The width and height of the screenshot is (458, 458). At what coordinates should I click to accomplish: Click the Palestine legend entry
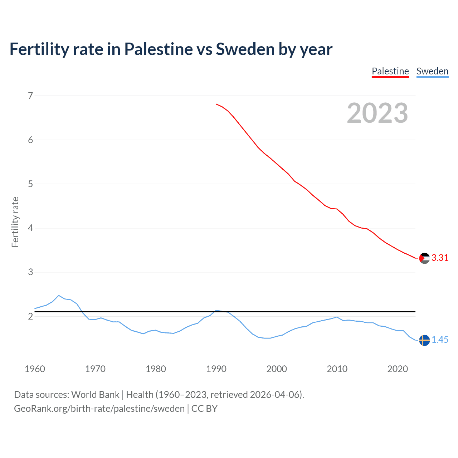(x=390, y=71)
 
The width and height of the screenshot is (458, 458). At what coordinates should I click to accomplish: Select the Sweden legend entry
(x=432, y=71)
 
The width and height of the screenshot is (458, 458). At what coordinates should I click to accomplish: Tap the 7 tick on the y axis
(x=30, y=96)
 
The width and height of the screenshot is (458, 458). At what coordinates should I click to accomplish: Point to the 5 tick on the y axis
(x=30, y=184)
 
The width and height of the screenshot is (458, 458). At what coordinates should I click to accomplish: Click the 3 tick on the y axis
(x=30, y=272)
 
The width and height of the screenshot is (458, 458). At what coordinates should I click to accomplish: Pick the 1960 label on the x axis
(x=35, y=369)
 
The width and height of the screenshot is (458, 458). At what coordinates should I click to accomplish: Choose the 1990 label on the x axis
(x=216, y=369)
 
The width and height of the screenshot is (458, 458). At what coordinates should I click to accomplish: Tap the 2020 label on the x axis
(x=398, y=369)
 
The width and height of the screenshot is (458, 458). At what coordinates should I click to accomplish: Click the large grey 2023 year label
(x=377, y=113)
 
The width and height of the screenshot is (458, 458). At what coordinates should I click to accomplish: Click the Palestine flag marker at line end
(x=424, y=258)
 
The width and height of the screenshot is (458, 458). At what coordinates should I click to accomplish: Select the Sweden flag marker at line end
(x=424, y=340)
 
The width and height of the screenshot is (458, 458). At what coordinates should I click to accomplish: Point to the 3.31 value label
(x=440, y=258)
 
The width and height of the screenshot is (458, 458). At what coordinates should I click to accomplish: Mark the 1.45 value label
(x=440, y=340)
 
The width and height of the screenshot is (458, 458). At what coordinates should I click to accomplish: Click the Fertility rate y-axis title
(x=15, y=222)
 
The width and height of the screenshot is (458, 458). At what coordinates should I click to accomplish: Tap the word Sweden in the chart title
(x=245, y=49)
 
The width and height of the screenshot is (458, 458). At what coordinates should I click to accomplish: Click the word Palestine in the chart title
(x=159, y=49)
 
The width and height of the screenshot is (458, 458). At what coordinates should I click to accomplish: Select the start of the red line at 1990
(x=216, y=104)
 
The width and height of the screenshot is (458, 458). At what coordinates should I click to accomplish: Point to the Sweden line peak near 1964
(x=59, y=296)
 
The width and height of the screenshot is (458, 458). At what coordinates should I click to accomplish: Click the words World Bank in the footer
(x=95, y=395)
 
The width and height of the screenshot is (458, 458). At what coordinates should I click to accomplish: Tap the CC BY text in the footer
(x=204, y=409)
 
